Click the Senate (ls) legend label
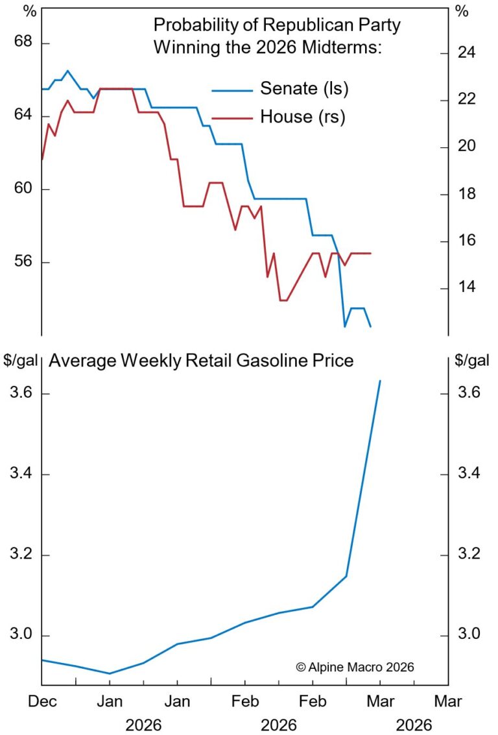(304, 89)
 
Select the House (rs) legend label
(302, 117)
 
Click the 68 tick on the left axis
(23, 43)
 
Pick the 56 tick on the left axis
(23, 263)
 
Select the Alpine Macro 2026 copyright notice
(354, 666)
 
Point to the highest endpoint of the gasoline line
(380, 381)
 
